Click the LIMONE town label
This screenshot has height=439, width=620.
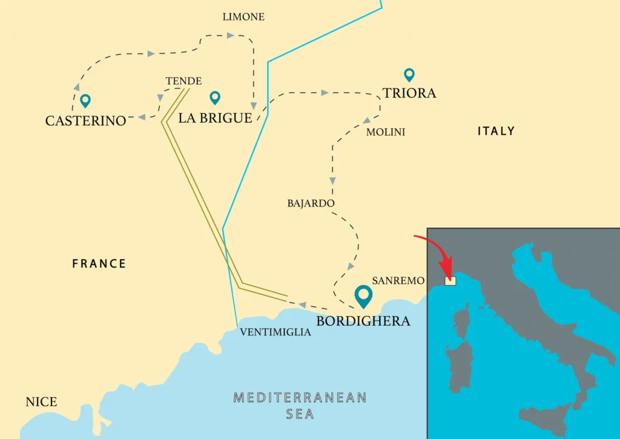click(x=243, y=17)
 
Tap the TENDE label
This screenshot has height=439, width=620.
click(x=183, y=81)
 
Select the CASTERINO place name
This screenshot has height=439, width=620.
click(x=85, y=120)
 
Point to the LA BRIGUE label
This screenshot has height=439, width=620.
click(x=215, y=118)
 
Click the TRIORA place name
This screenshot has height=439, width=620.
click(x=409, y=93)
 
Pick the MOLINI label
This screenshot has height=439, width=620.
click(x=386, y=132)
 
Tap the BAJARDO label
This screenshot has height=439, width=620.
click(x=311, y=203)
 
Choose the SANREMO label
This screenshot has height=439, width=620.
click(x=398, y=281)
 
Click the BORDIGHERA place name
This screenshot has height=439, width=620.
click(x=363, y=320)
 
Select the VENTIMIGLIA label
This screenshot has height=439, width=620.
click(x=275, y=332)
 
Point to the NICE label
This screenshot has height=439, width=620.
click(x=41, y=402)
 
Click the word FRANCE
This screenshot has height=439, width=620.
click(x=99, y=263)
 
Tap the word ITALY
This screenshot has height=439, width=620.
click(x=496, y=131)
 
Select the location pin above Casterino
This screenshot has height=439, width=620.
click(x=85, y=101)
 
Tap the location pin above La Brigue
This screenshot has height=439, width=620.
click(x=214, y=97)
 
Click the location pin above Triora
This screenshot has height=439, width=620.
click(x=409, y=75)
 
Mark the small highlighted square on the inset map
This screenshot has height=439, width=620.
click(x=450, y=280)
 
